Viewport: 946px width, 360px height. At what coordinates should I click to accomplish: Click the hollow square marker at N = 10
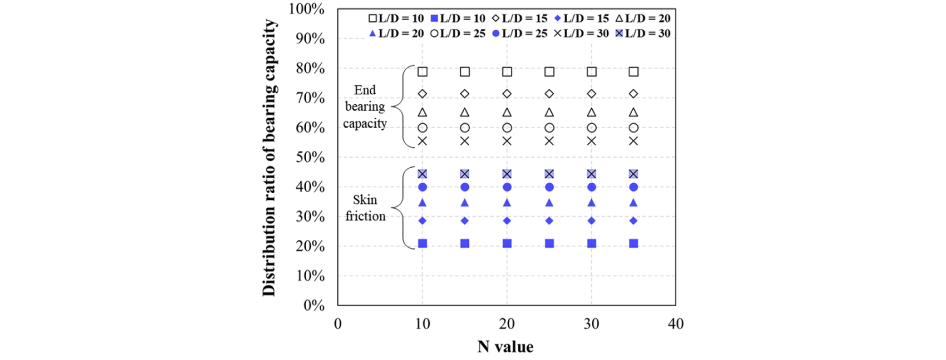coord(423,72)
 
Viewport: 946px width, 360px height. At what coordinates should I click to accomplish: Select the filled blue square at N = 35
coord(634,243)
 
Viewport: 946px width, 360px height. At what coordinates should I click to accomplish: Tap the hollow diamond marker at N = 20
coord(507,94)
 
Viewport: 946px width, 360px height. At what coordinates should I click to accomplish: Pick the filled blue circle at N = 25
coord(549,187)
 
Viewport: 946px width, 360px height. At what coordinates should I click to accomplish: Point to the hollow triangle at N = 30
coord(592,113)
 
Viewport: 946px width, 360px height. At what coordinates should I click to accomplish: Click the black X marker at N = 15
coord(465,141)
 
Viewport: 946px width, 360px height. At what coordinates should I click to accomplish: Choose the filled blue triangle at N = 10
coord(423,203)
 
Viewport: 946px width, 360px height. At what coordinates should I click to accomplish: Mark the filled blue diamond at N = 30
coord(592,221)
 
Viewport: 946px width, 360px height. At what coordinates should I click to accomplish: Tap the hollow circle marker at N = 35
coord(634,128)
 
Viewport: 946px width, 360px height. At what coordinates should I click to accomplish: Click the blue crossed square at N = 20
coord(507,174)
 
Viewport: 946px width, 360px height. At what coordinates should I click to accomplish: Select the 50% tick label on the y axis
coord(310,157)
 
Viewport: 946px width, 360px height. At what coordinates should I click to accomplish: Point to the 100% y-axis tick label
coord(306,9)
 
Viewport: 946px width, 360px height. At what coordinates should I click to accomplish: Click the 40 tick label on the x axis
coord(676,324)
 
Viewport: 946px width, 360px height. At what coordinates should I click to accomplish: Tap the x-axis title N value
coord(506,347)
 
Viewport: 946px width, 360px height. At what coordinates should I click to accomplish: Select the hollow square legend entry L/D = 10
coord(396,18)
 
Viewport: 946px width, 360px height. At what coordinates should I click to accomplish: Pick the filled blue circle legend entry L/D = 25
coord(520,33)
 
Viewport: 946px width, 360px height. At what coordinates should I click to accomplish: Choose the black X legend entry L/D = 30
coord(581,33)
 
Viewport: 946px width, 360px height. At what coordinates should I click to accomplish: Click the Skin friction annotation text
coord(365,208)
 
